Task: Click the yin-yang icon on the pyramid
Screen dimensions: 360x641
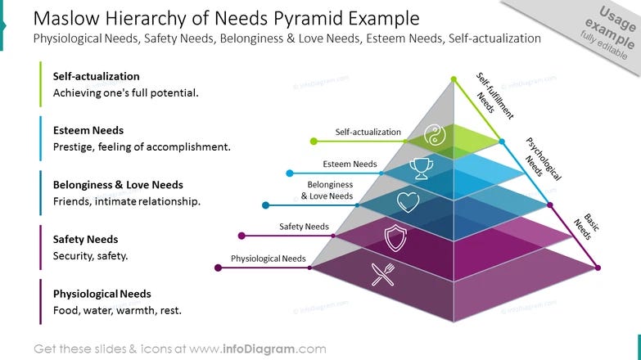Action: (435, 135)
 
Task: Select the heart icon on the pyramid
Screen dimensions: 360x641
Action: (408, 201)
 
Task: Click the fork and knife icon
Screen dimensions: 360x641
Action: (382, 273)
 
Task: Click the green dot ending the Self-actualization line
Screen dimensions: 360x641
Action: (314, 142)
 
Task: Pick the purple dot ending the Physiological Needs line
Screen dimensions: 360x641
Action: (217, 268)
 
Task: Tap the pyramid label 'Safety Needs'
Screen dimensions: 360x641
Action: (304, 227)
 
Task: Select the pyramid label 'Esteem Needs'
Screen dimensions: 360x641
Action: (350, 164)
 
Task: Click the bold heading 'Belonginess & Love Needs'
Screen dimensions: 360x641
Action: (118, 185)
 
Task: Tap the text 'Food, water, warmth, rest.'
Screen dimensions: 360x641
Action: (117, 311)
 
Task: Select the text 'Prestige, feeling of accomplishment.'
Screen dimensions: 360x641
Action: (142, 147)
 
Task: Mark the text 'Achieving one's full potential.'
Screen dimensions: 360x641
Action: (125, 92)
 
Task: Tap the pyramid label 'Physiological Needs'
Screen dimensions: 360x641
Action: (268, 259)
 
